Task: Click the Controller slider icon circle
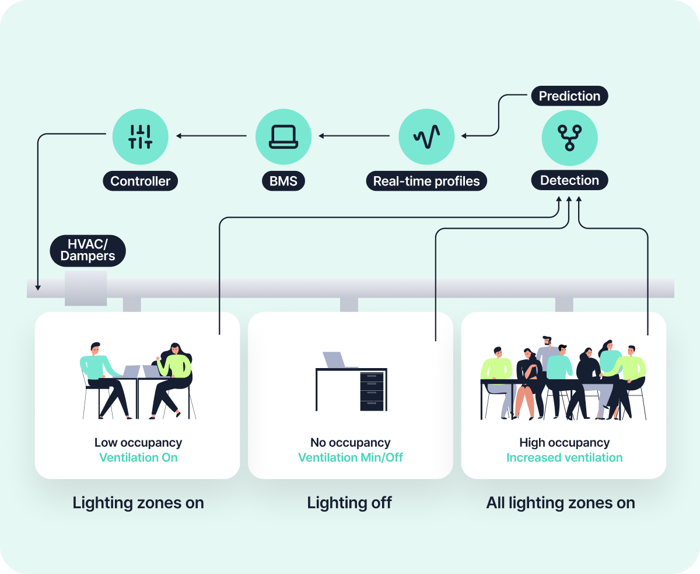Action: (140, 136)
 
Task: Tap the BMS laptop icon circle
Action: (283, 136)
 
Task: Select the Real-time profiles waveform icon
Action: (426, 136)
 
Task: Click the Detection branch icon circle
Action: (569, 137)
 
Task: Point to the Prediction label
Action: (569, 96)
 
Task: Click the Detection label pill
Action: (569, 180)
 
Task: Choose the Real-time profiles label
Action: (426, 181)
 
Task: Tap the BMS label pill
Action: (283, 181)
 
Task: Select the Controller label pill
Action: (140, 181)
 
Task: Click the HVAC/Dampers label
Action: (87, 250)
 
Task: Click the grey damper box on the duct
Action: (86, 288)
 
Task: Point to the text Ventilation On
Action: (138, 457)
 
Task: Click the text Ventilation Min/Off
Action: (351, 457)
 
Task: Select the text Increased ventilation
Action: (564, 457)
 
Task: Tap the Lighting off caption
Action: (349, 502)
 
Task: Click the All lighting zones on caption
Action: (561, 502)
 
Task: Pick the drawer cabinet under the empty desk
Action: (372, 391)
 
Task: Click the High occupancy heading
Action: (564, 443)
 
